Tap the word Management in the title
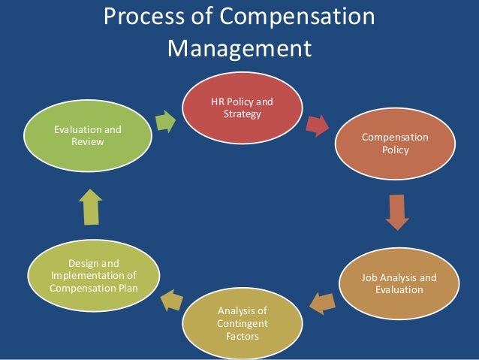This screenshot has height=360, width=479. click(239, 50)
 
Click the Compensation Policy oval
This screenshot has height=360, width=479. click(395, 144)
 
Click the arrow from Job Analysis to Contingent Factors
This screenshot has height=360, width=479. click(320, 303)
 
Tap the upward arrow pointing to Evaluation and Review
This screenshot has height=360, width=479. click(91, 205)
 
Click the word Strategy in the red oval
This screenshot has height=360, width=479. click(242, 114)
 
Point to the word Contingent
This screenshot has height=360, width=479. click(241, 322)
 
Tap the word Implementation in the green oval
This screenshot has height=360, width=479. click(92, 275)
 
